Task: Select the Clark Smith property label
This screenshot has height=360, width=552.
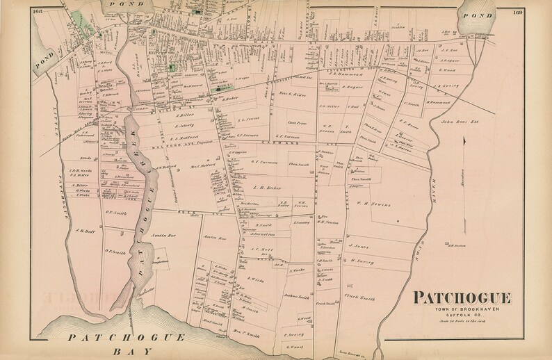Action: tap(359, 297)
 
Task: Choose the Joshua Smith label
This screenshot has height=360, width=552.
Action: tap(295, 295)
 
